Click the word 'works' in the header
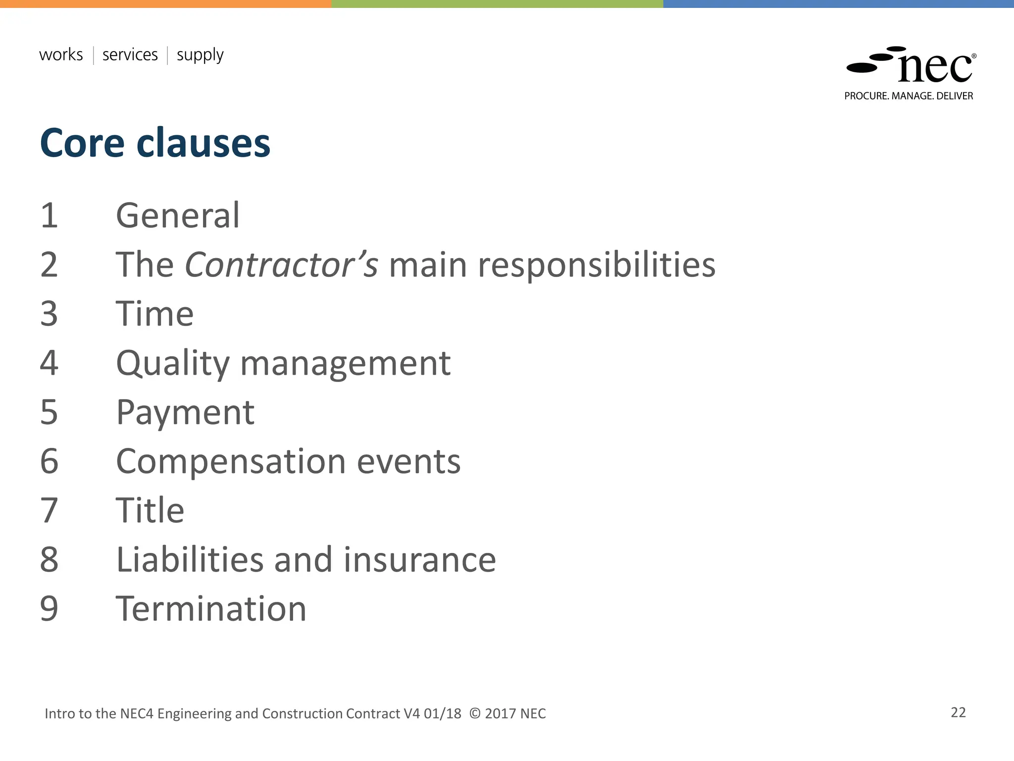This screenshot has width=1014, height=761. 61,54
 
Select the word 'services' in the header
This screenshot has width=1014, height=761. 130,54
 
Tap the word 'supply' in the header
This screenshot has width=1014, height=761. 200,55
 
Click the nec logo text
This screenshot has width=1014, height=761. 935,67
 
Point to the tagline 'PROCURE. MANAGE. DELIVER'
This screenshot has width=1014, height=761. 909,96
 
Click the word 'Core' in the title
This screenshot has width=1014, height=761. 82,143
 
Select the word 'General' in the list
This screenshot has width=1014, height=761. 178,216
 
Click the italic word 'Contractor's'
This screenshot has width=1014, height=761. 281,265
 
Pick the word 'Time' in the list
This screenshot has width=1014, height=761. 154,314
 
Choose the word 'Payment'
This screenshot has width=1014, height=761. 185,412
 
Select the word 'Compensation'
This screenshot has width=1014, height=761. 231,462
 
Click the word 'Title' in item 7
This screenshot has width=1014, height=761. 150,510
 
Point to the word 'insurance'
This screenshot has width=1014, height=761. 419,560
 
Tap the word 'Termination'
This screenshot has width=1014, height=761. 211,609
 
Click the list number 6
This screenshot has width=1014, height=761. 49,461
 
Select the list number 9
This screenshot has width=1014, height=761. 49,609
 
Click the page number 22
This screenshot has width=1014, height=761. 958,712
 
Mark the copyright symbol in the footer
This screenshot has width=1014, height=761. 475,713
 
